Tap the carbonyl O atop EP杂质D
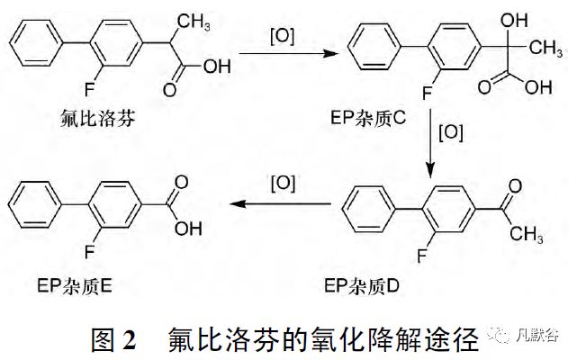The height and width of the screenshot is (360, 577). [x=511, y=187]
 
